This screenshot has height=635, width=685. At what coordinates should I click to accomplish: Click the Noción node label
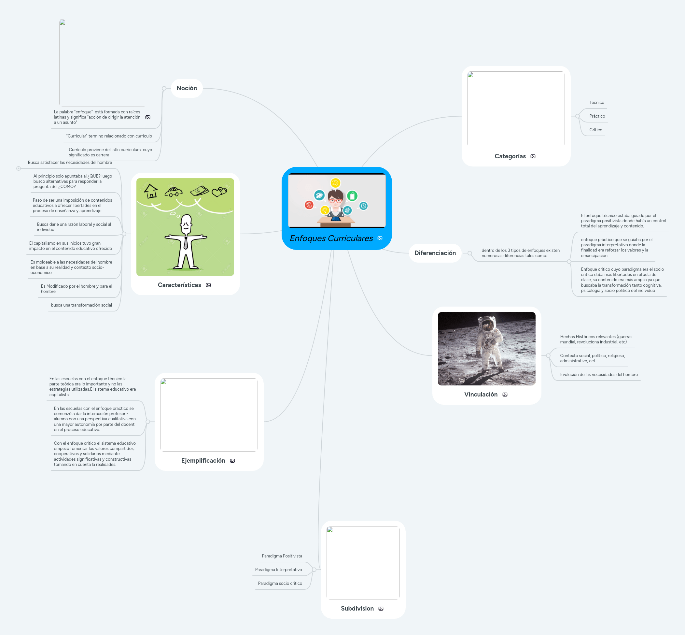click(x=187, y=88)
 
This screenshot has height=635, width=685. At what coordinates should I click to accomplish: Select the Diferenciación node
click(x=435, y=253)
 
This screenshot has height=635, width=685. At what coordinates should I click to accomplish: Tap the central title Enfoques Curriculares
click(x=331, y=238)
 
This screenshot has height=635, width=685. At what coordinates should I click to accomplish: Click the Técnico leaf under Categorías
click(x=596, y=102)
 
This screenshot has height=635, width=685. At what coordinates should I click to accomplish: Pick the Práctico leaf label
click(x=597, y=116)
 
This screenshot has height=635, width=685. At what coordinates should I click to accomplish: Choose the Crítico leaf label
click(x=595, y=130)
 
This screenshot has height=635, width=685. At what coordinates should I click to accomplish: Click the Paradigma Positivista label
click(x=282, y=556)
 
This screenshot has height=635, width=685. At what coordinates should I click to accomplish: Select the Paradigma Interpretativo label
click(x=278, y=570)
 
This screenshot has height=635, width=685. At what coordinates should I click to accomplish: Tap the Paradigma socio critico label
click(x=280, y=584)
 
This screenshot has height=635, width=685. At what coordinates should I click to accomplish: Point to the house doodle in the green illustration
click(x=151, y=191)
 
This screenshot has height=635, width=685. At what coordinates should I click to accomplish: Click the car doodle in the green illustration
click(x=174, y=192)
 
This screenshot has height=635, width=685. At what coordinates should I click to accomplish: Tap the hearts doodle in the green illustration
click(x=219, y=191)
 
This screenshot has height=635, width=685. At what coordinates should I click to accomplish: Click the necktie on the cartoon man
click(x=186, y=243)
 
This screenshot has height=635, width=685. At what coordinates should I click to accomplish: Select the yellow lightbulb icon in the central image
click(x=325, y=209)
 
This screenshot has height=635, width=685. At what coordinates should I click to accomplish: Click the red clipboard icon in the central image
click(x=309, y=205)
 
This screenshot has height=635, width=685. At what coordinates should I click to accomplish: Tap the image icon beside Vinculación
click(x=505, y=395)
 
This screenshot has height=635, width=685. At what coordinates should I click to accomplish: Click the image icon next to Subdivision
click(x=381, y=609)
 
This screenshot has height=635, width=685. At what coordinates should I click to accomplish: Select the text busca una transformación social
click(x=81, y=305)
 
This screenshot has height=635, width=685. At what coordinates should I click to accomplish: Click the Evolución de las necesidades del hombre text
click(x=598, y=375)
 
